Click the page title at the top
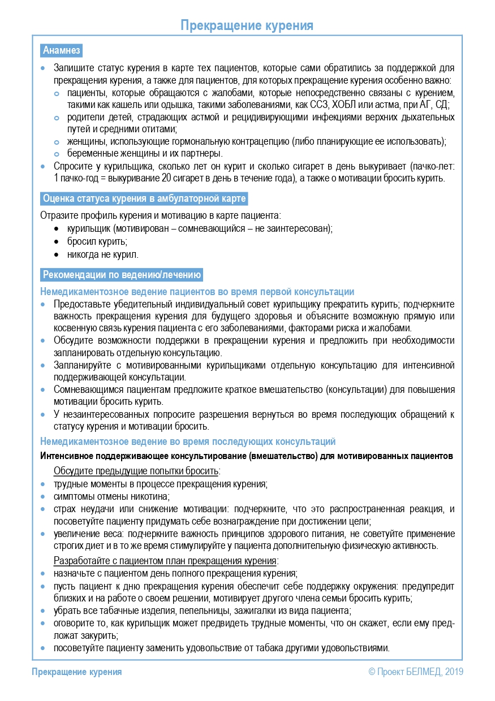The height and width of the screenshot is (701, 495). click(x=247, y=25)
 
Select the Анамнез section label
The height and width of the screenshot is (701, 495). click(x=62, y=50)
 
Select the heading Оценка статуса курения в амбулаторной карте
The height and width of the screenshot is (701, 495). click(x=144, y=199)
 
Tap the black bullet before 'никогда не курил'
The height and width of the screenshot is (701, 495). click(x=56, y=254)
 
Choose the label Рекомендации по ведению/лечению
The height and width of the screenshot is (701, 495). click(x=122, y=275)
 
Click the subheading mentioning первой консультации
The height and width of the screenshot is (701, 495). click(x=197, y=292)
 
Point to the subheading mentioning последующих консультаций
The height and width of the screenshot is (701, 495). click(x=188, y=442)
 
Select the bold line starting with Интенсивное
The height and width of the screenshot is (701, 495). click(x=247, y=456)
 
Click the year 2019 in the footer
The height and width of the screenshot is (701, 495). click(x=454, y=672)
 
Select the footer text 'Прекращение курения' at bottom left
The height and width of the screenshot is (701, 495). click(x=77, y=672)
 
